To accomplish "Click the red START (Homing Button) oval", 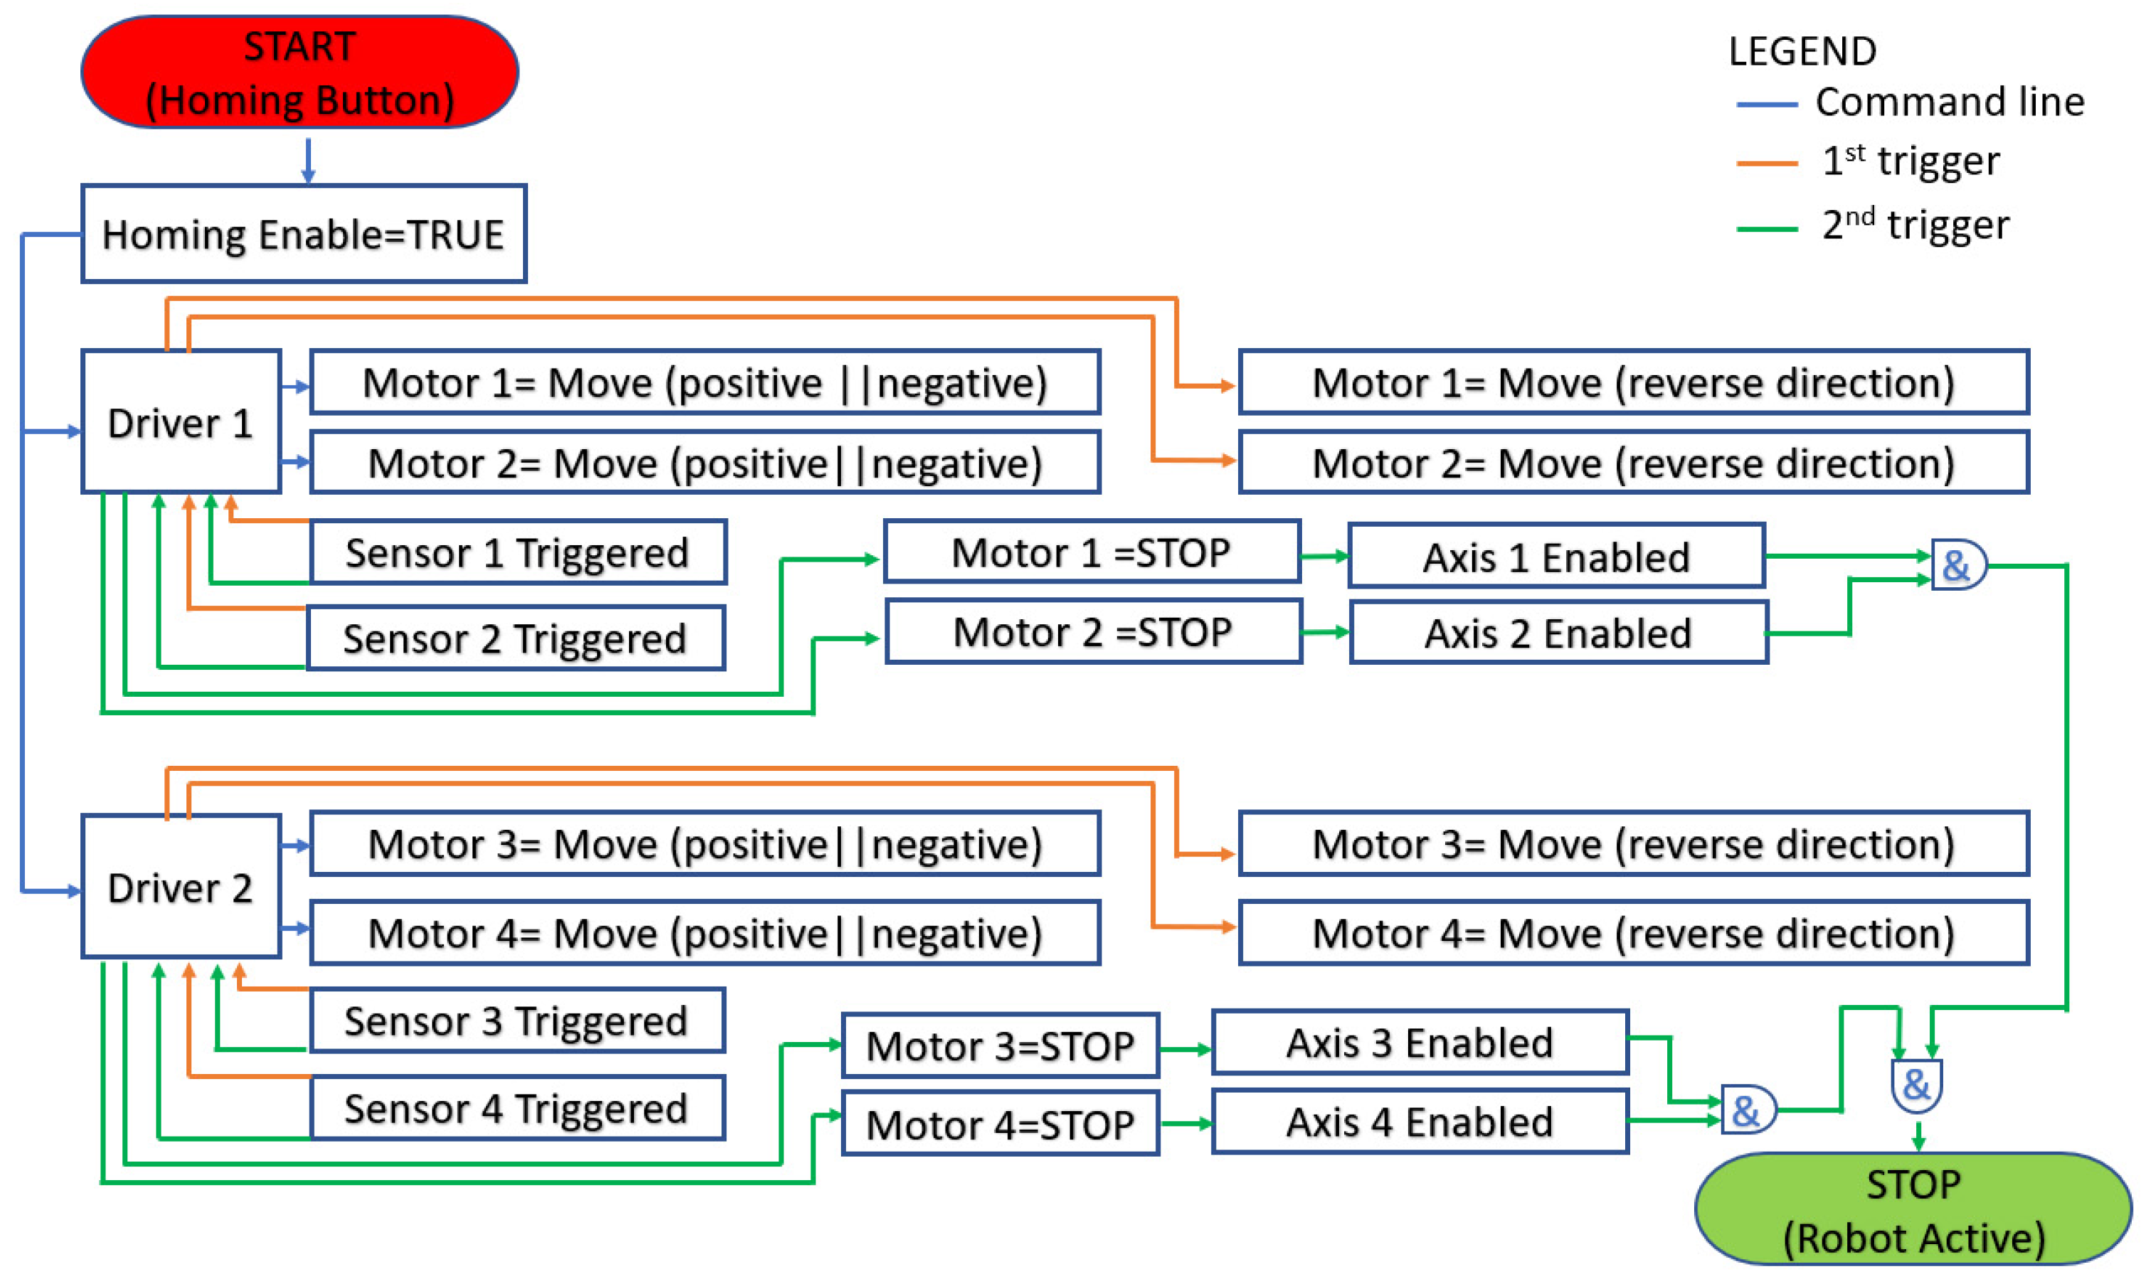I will (x=300, y=73).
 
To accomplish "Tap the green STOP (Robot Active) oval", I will (x=1913, y=1209).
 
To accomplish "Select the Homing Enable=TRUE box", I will (x=304, y=233).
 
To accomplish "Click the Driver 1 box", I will (x=181, y=422).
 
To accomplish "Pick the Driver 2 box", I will (x=181, y=888).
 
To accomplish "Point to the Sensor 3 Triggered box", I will (x=517, y=1021).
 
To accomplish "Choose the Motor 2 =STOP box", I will (x=1093, y=633).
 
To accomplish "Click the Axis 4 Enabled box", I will (x=1420, y=1122).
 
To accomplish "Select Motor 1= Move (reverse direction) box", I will (x=1633, y=382).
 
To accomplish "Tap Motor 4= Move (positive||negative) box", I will (x=705, y=932).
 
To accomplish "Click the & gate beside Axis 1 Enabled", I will (x=1957, y=566).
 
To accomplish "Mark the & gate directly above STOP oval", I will (x=1917, y=1085).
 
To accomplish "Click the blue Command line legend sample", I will (x=1767, y=105).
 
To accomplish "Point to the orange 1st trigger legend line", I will (x=1767, y=163).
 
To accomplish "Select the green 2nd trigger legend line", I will (x=1767, y=228).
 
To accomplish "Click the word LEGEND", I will (x=1802, y=51).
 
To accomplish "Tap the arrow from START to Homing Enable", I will (x=308, y=161).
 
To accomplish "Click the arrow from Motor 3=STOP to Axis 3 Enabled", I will (x=1185, y=1048).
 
